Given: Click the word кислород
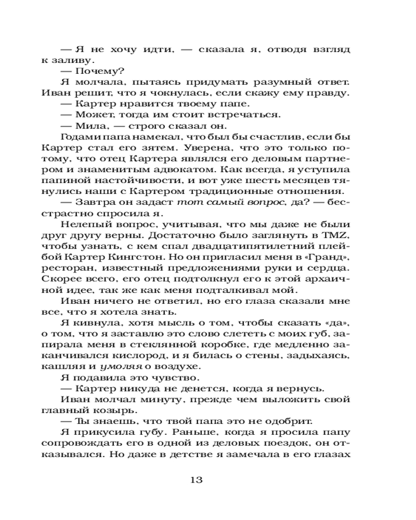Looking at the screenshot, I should (x=162, y=355).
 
